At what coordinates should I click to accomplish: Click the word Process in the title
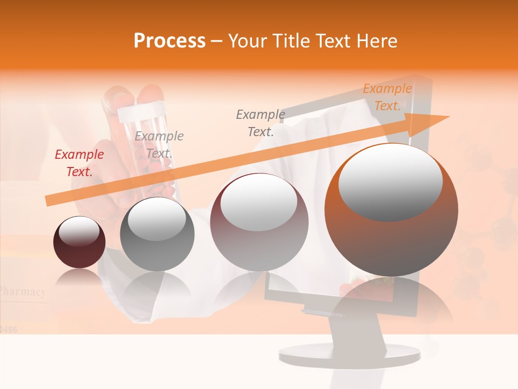[x=169, y=41]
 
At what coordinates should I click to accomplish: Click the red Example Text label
[x=79, y=163]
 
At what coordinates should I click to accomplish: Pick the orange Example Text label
[x=387, y=97]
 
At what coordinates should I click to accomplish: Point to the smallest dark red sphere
[x=79, y=243]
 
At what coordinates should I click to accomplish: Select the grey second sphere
[x=157, y=234]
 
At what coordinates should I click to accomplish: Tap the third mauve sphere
[x=259, y=222]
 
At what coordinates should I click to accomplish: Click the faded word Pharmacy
[x=23, y=292]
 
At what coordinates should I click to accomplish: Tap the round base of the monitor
[x=349, y=354]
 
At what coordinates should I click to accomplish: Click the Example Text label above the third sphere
[x=261, y=123]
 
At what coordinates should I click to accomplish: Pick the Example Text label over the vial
[x=159, y=144]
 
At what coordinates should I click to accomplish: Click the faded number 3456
[x=9, y=328]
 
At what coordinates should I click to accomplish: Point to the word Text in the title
[x=333, y=41]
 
